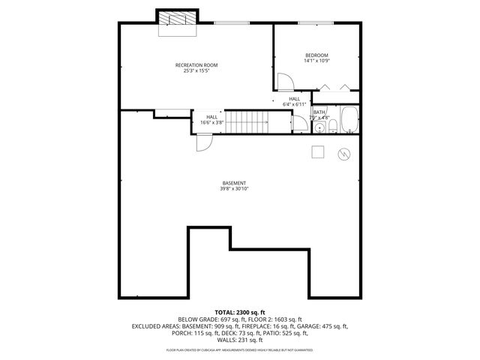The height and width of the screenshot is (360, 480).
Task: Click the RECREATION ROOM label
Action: pos(196,65)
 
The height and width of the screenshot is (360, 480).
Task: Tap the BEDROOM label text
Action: pos(316,55)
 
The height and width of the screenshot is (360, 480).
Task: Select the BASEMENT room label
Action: pos(234,183)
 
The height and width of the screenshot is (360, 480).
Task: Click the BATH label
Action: pos(319,112)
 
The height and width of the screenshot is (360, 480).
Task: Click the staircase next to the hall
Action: pos(247,121)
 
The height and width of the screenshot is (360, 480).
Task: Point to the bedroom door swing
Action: pos(285,82)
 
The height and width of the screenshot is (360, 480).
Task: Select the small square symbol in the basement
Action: pos(319,151)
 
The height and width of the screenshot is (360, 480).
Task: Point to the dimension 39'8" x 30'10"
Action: pos(234,189)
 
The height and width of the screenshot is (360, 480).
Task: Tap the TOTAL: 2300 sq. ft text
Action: pos(239,311)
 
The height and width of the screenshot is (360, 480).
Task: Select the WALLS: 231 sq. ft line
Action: pos(239,340)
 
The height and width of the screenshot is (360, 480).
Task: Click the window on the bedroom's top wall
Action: pos(307,23)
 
